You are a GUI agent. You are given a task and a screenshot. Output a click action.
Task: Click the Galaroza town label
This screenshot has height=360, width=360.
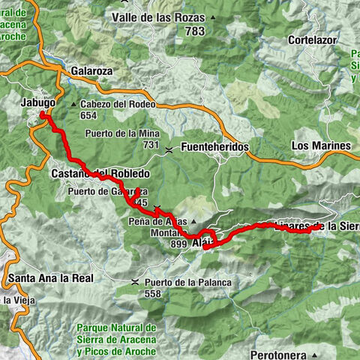pos(91,70)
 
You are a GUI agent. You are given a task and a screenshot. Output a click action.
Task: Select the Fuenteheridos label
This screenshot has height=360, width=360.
pos(214,148)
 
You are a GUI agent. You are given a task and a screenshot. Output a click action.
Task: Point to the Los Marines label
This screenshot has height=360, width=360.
pos(320,145)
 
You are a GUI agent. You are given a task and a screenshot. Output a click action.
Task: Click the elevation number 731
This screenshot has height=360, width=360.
pos(152,145)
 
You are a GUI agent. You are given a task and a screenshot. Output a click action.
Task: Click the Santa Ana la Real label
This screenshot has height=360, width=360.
pos(46,278)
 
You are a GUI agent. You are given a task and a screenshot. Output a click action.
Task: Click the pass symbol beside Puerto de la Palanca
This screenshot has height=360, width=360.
pos(134,282)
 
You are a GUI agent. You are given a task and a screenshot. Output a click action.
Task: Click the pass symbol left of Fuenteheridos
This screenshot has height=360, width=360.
pos(171,148)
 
